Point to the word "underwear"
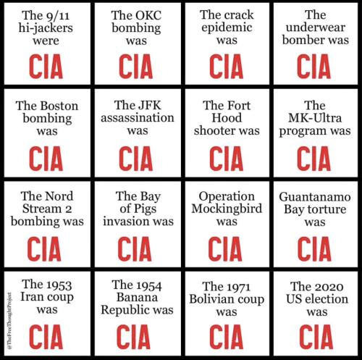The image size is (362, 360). [316, 28]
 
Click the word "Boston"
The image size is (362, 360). [59, 106]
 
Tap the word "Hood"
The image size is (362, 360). [227, 118]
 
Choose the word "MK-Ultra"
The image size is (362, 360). [315, 118]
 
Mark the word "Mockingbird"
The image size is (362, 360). [227, 209]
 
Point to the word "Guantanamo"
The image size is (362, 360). [315, 197]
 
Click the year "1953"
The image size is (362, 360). [59, 285]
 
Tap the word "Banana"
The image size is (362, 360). [138, 297]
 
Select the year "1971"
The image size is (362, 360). [237, 287]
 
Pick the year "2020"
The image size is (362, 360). [329, 287]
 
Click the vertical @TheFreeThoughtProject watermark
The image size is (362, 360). [9, 321]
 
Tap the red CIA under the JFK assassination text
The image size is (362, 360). [136, 159]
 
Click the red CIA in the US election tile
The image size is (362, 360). [316, 336]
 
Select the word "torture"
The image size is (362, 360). [331, 209]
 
